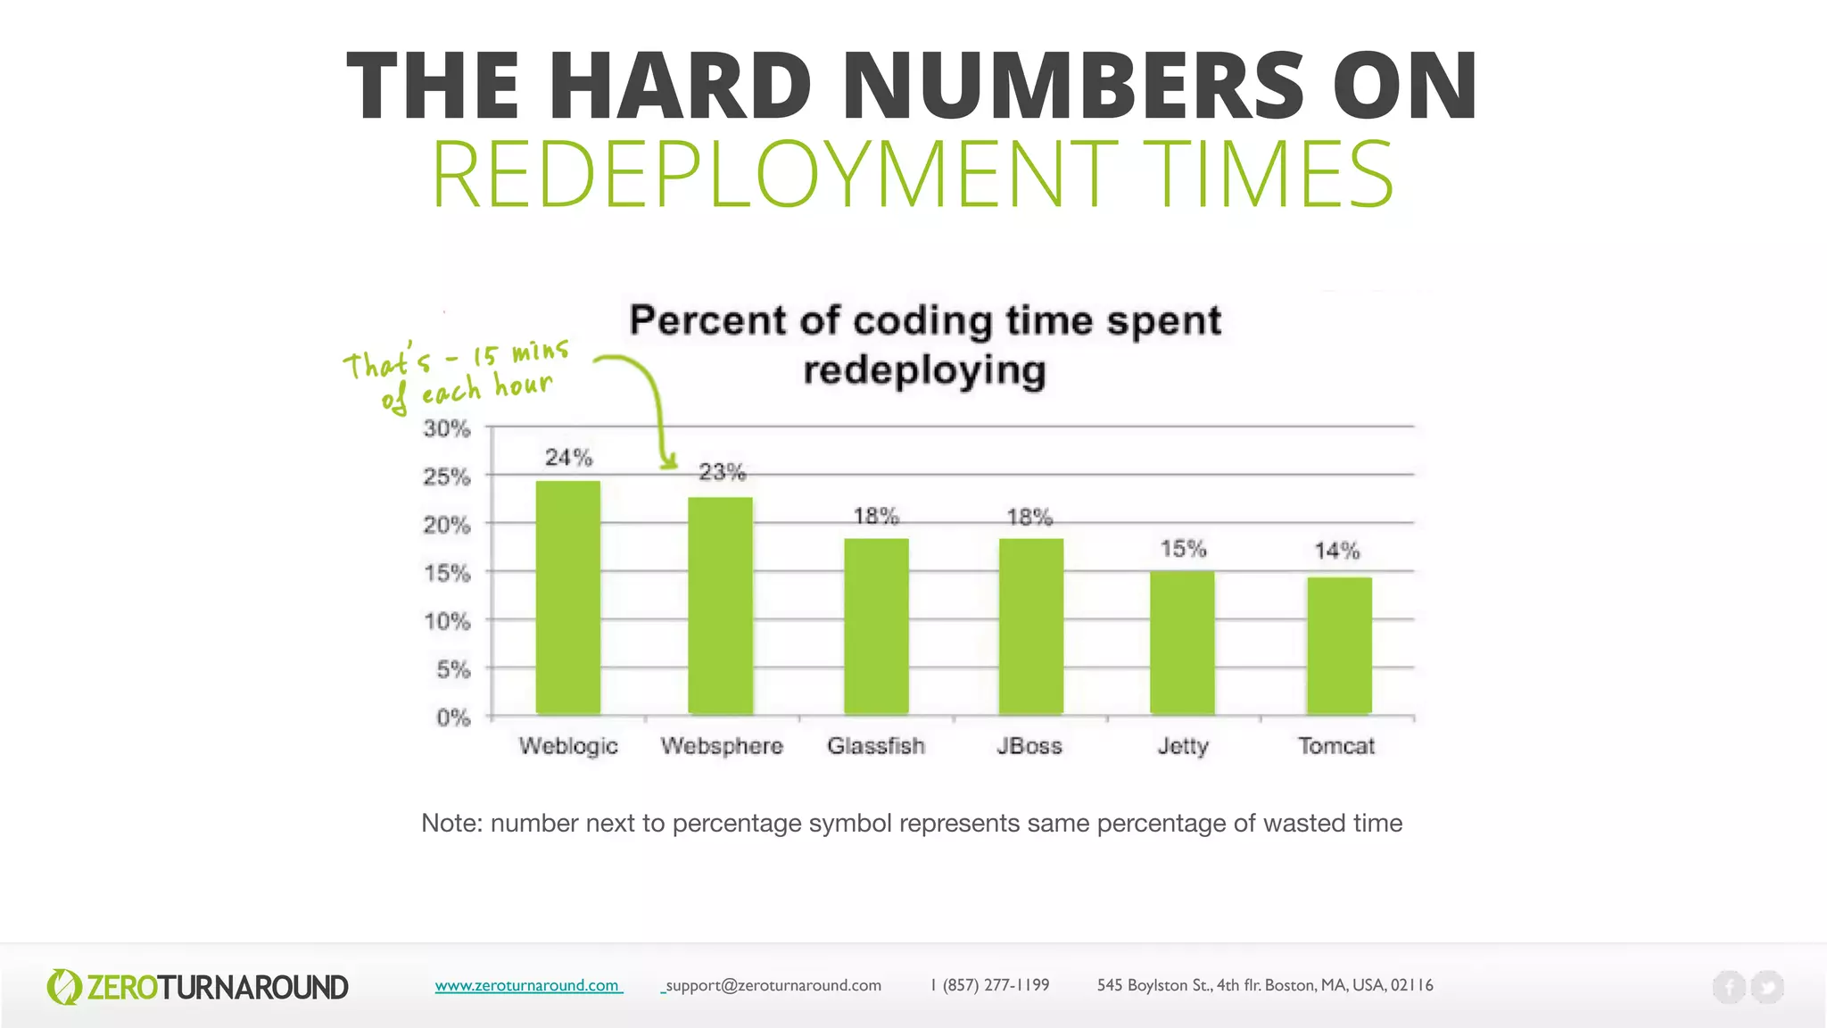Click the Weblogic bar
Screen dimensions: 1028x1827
coord(568,597)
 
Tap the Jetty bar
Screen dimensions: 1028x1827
coord(1182,642)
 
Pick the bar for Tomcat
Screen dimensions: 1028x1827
coord(1339,645)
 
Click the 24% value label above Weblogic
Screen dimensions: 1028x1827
coord(569,458)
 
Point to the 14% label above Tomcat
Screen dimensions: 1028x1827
coord(1336,551)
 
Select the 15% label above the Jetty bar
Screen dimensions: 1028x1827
coord(1183,548)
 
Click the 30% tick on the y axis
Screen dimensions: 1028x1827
coord(446,428)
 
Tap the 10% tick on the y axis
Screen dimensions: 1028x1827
coord(447,621)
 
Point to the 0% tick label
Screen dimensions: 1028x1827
coord(452,717)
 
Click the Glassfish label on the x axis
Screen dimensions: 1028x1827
coord(875,746)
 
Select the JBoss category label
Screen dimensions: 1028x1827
coord(1029,746)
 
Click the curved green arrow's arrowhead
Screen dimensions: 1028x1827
coord(667,462)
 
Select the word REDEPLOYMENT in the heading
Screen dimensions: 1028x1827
coord(773,175)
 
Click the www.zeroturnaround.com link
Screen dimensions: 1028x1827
coord(527,985)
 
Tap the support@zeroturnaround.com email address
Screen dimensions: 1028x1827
coord(773,985)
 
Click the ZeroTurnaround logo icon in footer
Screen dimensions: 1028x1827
coord(63,987)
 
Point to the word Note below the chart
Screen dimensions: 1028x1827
coord(451,823)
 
